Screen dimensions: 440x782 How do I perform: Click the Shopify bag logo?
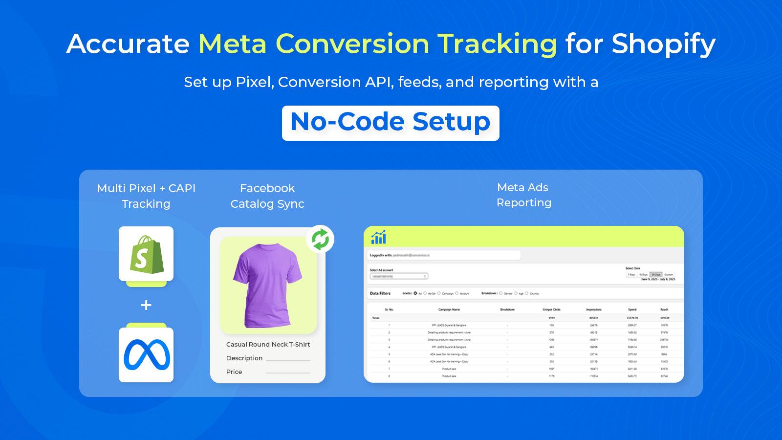tap(146, 254)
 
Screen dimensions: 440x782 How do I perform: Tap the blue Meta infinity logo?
tap(146, 355)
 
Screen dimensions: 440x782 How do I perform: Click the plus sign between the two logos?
tap(146, 305)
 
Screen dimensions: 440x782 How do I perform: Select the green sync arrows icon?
tap(320, 240)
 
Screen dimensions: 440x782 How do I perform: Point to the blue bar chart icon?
tap(378, 237)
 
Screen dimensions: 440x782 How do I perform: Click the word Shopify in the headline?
tap(663, 44)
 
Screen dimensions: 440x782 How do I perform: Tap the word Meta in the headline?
tap(232, 44)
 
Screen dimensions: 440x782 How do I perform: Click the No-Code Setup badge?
tap(391, 123)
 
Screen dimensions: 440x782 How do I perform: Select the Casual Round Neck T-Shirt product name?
tap(268, 344)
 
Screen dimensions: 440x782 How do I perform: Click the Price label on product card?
tap(234, 372)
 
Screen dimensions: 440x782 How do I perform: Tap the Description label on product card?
tap(244, 358)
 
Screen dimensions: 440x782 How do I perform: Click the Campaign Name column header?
tap(449, 309)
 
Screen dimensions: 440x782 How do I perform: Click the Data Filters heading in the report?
tap(380, 293)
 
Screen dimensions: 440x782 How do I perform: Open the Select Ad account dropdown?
tap(399, 276)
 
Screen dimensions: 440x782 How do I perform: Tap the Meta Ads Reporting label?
tap(523, 195)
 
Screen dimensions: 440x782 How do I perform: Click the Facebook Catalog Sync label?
tap(267, 196)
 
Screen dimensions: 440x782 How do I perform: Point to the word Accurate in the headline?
tap(128, 44)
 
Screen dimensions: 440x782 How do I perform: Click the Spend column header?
tap(632, 309)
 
